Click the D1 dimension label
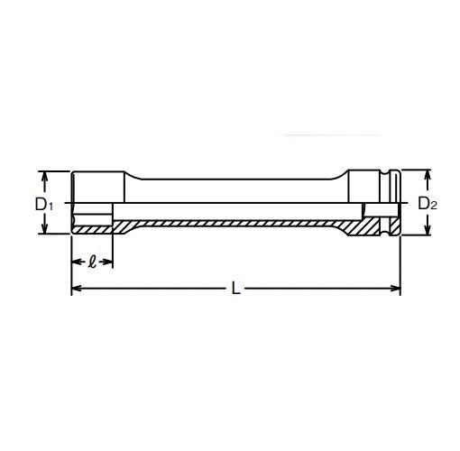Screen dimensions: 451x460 [44, 205]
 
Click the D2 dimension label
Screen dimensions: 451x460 [428, 204]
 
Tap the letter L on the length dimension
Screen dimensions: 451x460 [235, 290]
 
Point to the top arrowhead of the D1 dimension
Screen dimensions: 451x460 [42, 175]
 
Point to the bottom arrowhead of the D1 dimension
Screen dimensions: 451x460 [42, 231]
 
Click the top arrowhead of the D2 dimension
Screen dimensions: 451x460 [427, 172]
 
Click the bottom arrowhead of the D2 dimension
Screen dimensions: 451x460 [427, 234]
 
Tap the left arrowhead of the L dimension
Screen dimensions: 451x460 [75, 290]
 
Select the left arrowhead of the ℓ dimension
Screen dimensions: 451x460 [74, 262]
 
